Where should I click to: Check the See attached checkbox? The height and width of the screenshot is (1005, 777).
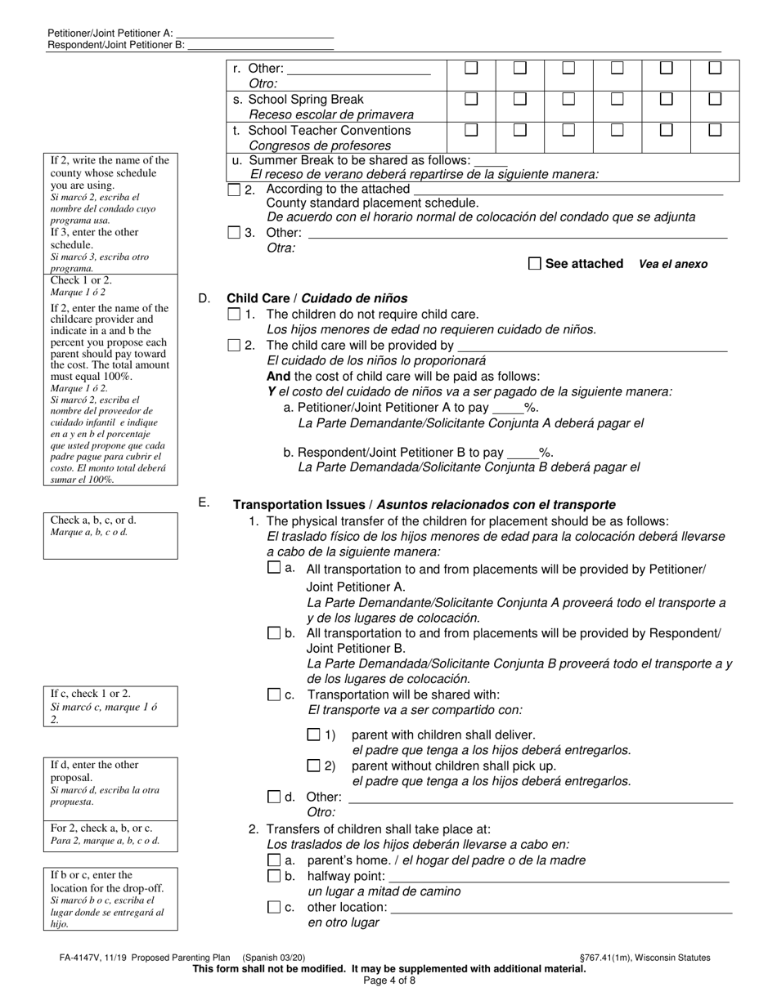[535, 263]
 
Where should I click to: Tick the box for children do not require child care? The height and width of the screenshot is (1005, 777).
[234, 314]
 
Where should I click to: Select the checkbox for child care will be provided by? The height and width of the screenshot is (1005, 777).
[234, 345]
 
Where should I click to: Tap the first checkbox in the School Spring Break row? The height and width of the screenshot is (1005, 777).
[471, 99]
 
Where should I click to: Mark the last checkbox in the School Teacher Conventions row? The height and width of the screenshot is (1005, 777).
[715, 130]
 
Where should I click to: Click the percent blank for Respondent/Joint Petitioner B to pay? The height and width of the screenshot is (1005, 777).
[523, 452]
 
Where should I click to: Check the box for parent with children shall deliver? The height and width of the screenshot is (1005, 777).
[313, 735]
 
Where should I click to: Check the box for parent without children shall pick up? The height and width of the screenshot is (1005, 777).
[313, 766]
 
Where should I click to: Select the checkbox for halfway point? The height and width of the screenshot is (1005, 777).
[274, 876]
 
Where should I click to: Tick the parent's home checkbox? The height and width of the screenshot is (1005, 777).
[274, 860]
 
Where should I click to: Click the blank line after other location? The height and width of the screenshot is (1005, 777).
[561, 907]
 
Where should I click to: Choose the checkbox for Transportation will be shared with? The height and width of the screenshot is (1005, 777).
[274, 695]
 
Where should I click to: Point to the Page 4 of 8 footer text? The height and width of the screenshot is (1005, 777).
[388, 980]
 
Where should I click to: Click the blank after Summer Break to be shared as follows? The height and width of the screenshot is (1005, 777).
[491, 160]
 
